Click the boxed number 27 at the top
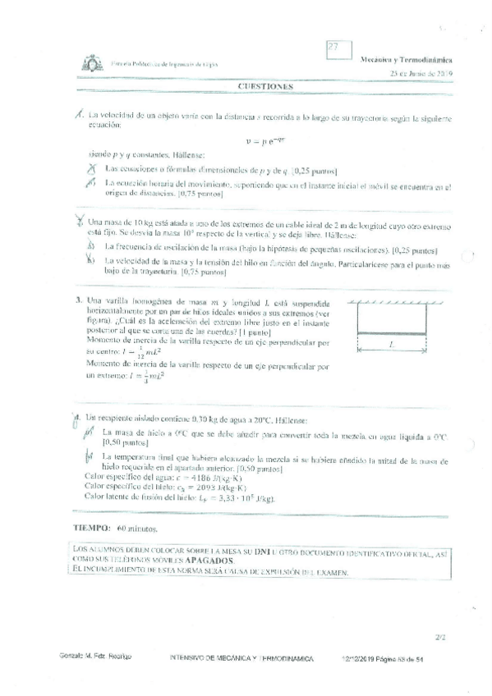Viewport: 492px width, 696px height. tap(333, 48)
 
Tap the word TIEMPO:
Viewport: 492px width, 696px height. tap(90, 529)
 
